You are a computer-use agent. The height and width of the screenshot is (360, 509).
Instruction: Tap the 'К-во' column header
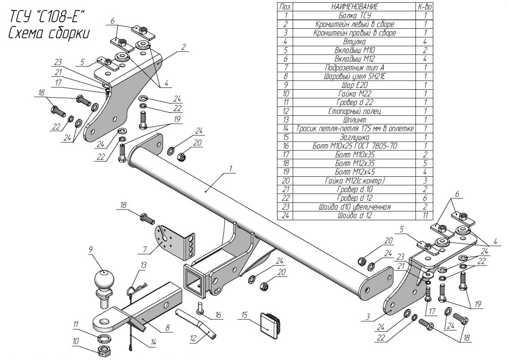424,6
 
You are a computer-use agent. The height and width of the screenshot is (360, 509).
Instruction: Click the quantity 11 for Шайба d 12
424,216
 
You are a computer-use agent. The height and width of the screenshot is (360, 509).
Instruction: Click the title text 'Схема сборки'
49,34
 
